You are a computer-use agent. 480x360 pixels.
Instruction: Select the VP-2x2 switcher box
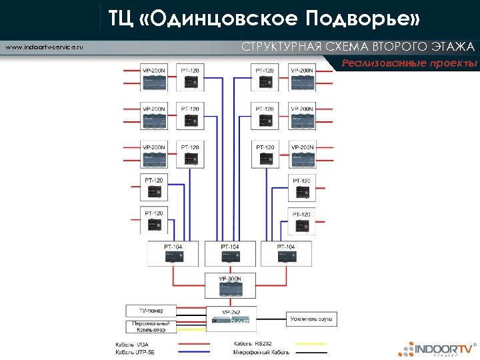[231, 317]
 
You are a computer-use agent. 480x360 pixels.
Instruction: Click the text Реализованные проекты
[410, 64]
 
